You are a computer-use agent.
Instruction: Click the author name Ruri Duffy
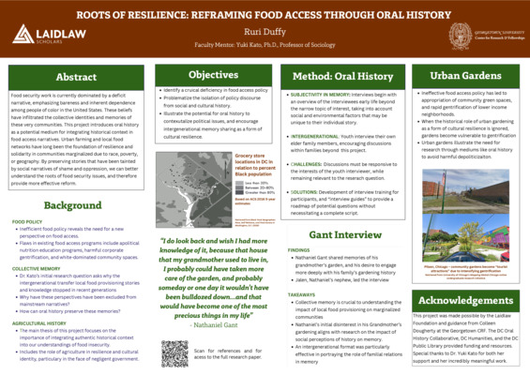265,31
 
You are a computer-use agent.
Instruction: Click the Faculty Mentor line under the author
265,44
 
